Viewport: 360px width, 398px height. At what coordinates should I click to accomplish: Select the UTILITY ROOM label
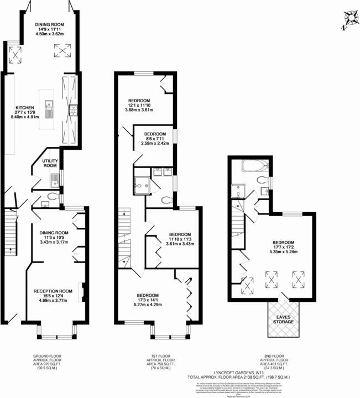[50, 163]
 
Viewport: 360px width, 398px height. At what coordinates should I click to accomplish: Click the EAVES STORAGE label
[284, 318]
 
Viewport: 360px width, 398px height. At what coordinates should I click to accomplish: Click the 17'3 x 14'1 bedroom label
[148, 298]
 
